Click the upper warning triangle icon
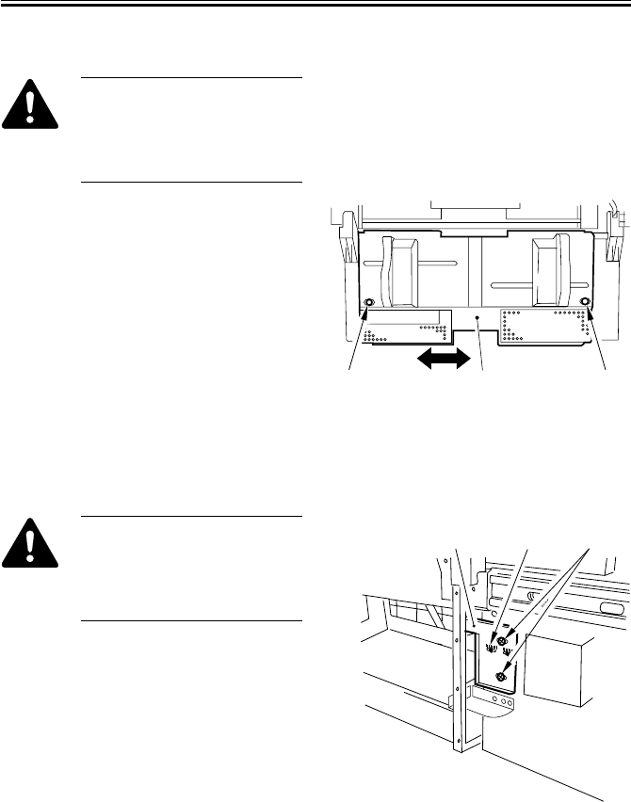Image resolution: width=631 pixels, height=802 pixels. pyautogui.click(x=29, y=104)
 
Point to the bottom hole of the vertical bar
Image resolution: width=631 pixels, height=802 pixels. pyautogui.click(x=461, y=746)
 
